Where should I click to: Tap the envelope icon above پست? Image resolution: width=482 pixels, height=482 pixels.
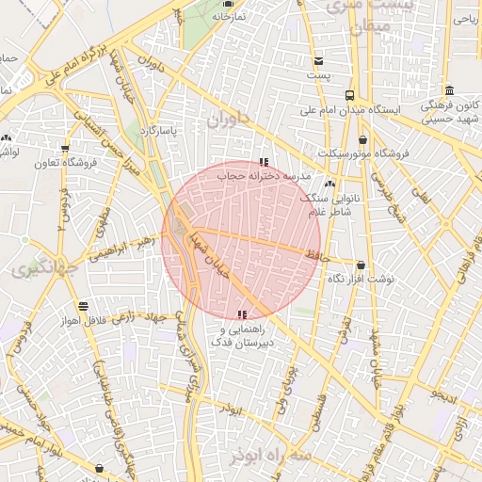(320, 60)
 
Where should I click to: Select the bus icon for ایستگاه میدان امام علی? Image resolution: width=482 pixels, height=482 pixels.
(350, 95)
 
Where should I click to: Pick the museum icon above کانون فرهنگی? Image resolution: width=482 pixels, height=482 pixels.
(450, 90)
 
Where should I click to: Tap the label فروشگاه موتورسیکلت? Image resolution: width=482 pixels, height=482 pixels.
(362, 153)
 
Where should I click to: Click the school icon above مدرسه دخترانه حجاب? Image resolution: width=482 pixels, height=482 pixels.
(263, 162)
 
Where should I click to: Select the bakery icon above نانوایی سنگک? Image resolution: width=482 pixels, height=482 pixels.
(330, 185)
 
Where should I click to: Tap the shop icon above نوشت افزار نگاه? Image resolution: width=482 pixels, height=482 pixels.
(361, 265)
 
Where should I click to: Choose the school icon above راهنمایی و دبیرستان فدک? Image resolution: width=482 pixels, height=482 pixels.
(243, 314)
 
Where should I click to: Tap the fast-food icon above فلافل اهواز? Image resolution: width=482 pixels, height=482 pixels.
(84, 306)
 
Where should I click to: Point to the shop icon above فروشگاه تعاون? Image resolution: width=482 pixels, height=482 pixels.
(65, 148)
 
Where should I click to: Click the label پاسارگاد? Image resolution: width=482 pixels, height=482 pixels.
(154, 130)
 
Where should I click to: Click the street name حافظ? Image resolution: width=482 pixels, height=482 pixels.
(313, 253)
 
